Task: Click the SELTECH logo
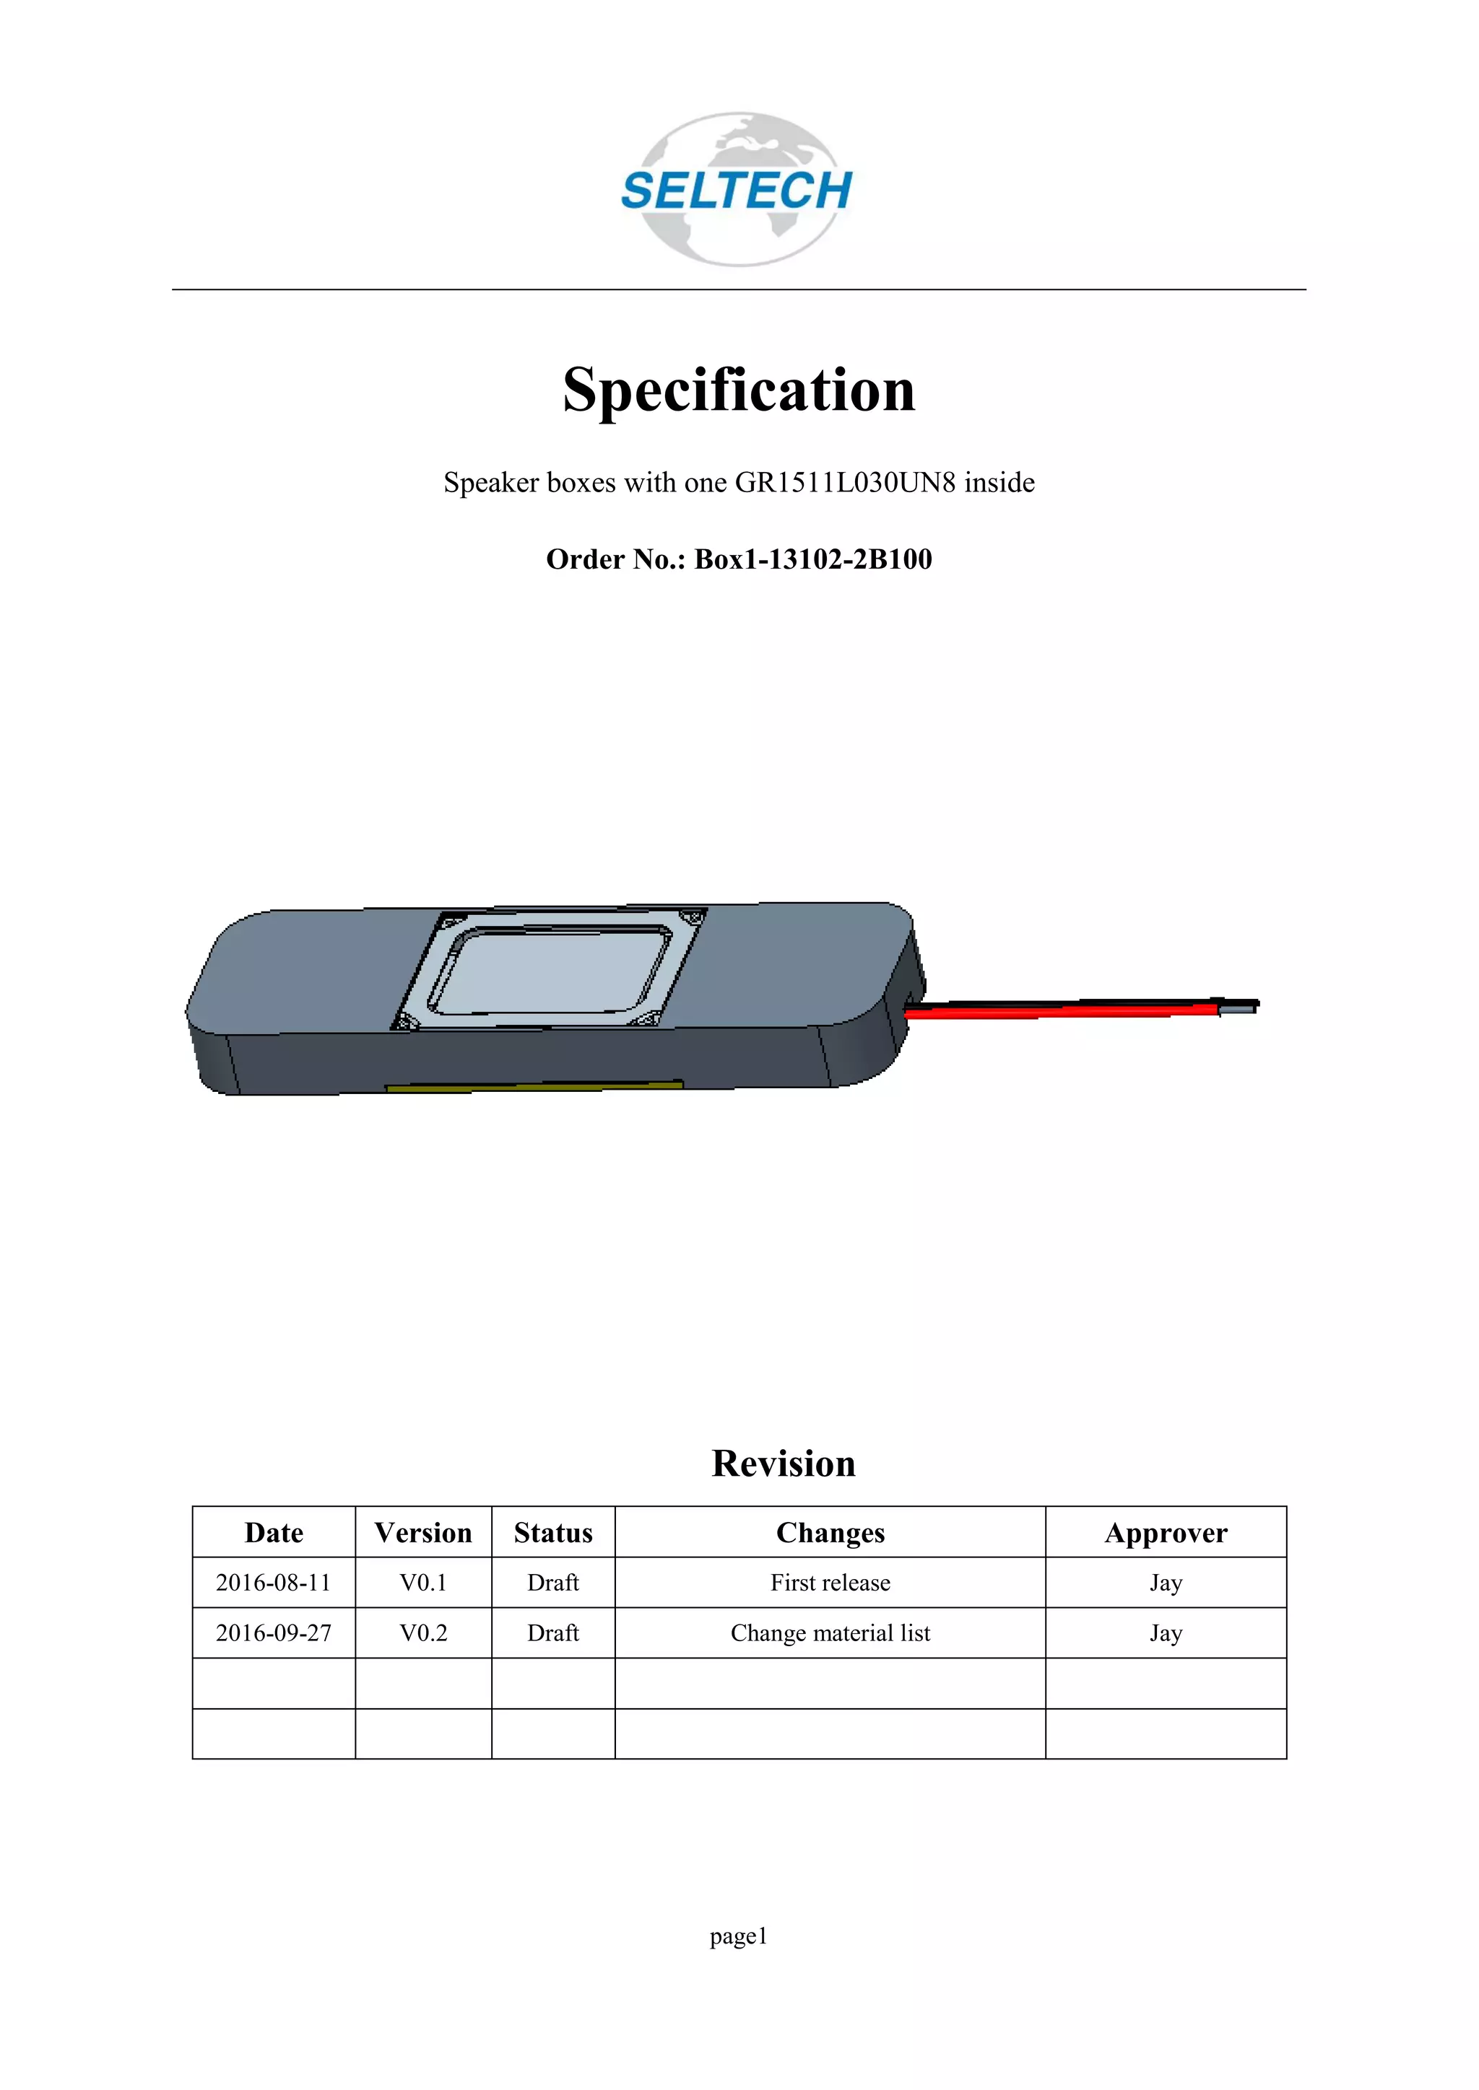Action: tap(737, 189)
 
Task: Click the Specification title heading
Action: tap(739, 390)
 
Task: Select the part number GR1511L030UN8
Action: tap(845, 483)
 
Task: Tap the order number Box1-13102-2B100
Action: tap(812, 559)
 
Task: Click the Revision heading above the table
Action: tap(784, 1464)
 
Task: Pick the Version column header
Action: tap(422, 1533)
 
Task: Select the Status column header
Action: tap(552, 1533)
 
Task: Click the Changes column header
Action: tap(830, 1533)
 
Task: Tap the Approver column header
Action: tap(1165, 1533)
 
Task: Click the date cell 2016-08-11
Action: tap(273, 1583)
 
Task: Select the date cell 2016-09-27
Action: tap(273, 1633)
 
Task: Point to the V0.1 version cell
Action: tap(422, 1583)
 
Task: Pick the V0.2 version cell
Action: tap(422, 1633)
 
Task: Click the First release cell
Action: tap(830, 1583)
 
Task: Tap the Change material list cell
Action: tap(830, 1633)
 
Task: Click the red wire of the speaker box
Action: tap(1057, 1010)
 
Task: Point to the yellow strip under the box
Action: tap(534, 1086)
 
